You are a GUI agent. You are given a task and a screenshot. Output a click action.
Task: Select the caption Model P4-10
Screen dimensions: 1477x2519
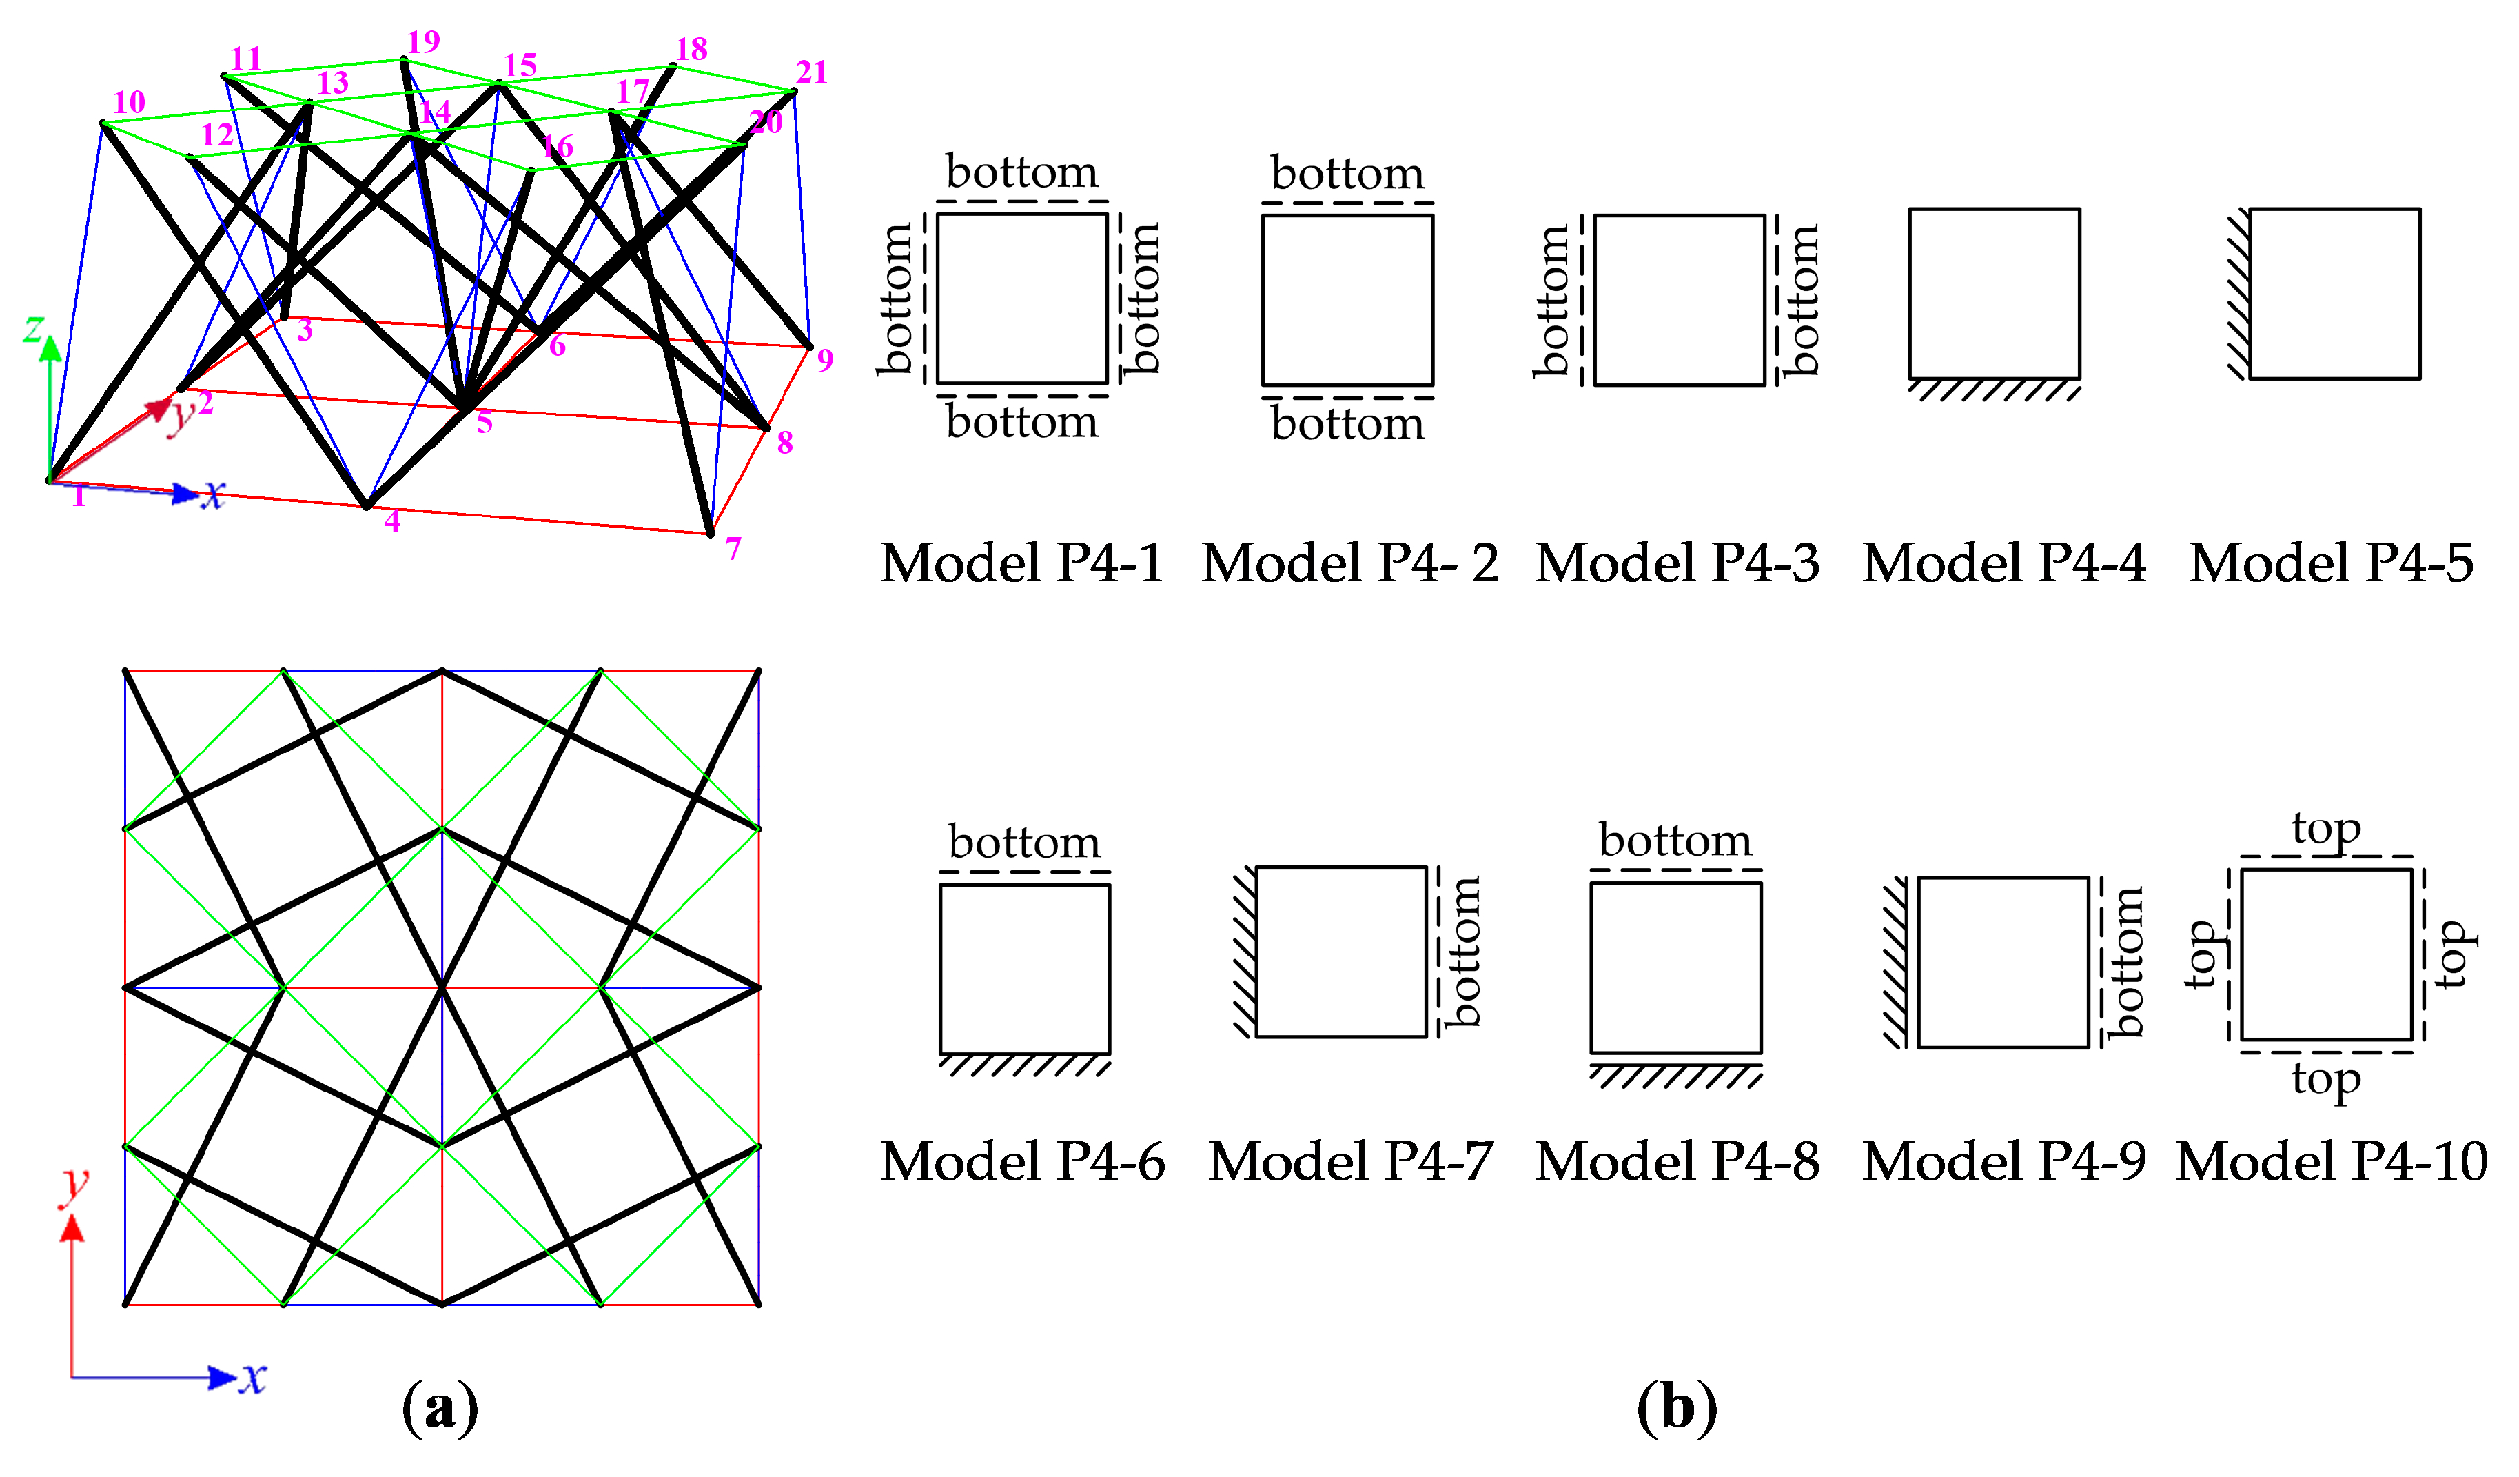coord(2331,1162)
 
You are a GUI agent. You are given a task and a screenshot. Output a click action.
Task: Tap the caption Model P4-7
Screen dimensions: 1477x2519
coord(1350,1162)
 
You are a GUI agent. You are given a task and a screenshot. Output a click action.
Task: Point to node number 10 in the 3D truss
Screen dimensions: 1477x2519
coord(129,102)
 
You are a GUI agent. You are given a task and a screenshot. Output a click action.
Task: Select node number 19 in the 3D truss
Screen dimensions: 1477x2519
coord(423,42)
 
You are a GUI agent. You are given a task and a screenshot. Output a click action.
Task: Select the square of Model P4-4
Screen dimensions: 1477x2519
coord(1995,293)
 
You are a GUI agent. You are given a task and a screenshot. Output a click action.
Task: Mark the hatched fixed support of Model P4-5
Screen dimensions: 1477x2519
coord(2238,294)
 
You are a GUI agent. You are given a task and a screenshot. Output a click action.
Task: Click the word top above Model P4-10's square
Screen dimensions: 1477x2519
coord(2326,829)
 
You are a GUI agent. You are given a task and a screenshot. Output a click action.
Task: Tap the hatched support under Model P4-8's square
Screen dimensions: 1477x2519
coord(1675,1076)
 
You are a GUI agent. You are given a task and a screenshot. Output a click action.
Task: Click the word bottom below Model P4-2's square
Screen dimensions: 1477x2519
coord(1347,425)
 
